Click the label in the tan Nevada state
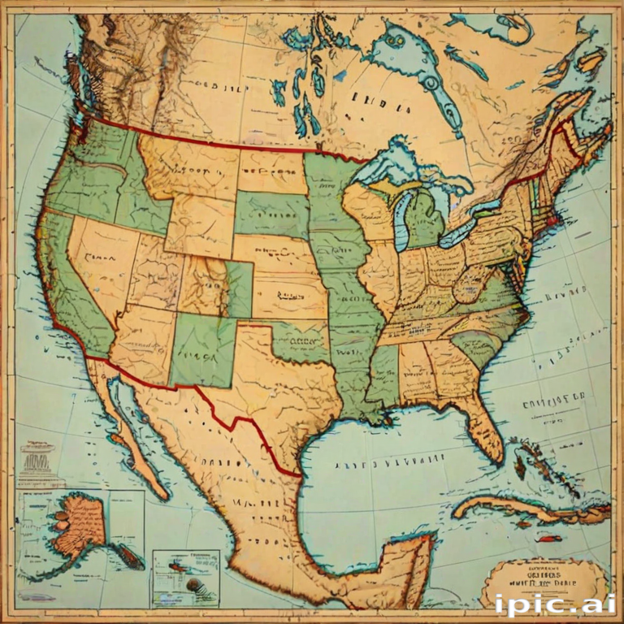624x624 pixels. [x=99, y=258]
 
